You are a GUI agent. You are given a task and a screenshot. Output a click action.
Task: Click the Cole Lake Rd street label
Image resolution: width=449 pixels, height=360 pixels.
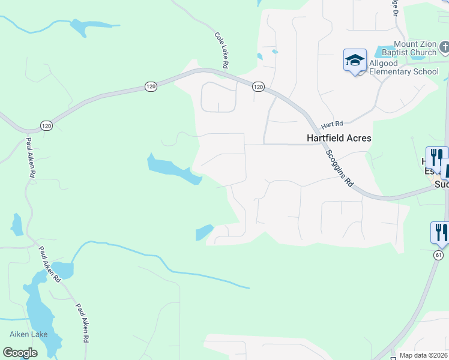(222, 50)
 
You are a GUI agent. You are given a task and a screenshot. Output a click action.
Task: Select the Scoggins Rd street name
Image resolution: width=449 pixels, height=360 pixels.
(340, 169)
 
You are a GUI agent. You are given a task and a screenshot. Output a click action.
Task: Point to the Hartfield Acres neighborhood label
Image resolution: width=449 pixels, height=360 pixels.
(339, 138)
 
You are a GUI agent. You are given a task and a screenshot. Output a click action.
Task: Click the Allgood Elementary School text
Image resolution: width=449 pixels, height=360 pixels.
(404, 67)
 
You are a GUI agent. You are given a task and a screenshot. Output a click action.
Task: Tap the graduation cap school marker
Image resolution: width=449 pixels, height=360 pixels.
(355, 60)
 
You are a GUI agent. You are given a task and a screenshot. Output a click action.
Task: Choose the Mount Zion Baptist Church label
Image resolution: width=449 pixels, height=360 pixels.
(415, 48)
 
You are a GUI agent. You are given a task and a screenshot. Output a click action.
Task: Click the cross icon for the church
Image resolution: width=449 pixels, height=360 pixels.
(444, 47)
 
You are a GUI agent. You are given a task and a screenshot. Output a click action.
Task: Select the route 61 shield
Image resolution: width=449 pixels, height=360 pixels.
(439, 256)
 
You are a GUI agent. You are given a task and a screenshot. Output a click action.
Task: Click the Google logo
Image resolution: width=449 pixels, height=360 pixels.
(20, 353)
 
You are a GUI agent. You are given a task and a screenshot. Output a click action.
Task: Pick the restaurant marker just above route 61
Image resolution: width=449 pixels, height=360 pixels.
(439, 231)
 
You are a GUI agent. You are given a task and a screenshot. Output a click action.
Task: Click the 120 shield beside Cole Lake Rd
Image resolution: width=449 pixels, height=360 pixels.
(258, 87)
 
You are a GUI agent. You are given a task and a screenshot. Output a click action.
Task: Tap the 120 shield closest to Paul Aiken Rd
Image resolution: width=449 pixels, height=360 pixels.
(47, 125)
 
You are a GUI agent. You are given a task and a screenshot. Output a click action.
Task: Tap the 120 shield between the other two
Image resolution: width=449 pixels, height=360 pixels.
(151, 87)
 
